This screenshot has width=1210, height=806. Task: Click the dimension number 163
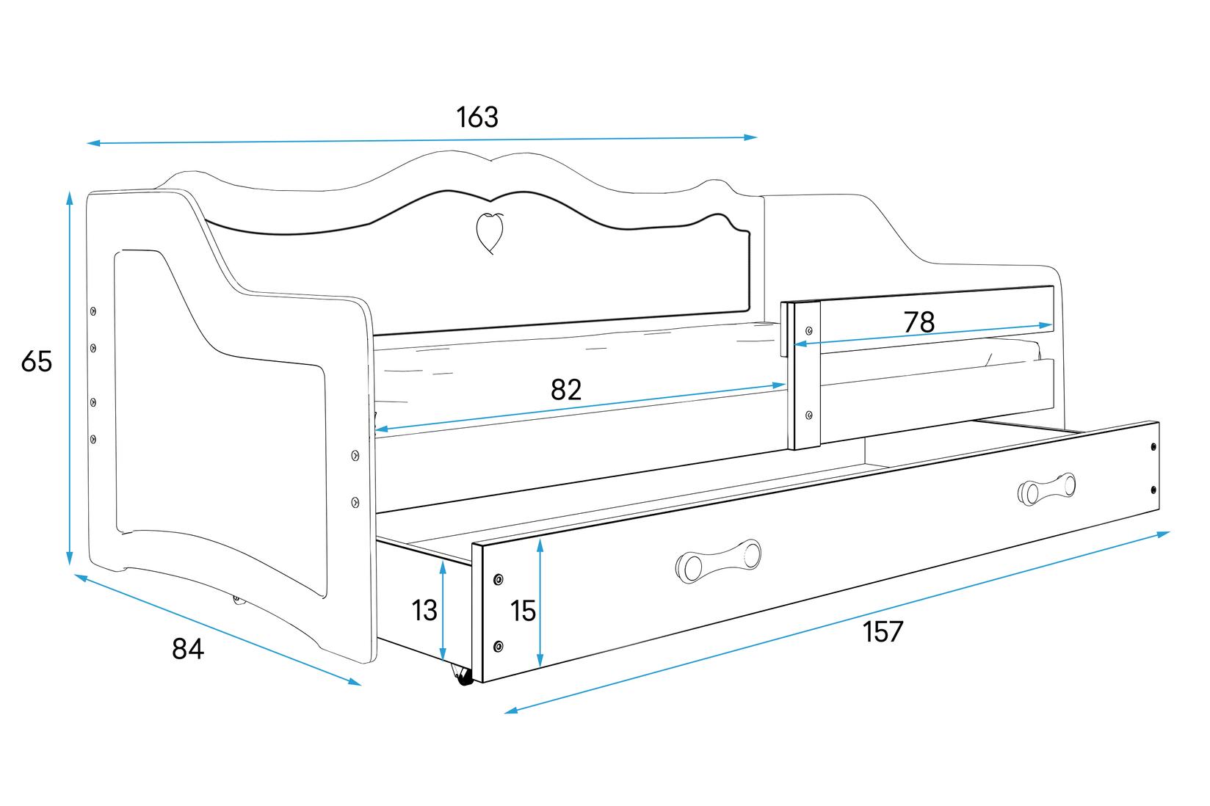tap(477, 117)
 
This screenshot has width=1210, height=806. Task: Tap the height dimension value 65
tap(36, 361)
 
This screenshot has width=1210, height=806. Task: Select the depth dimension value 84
tap(187, 649)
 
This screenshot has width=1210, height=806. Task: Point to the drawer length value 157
tap(882, 631)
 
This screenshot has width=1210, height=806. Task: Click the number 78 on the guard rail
tap(919, 322)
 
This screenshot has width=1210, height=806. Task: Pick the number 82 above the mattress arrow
tap(565, 390)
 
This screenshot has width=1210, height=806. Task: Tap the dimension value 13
tap(424, 611)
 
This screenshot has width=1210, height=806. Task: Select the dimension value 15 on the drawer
tap(523, 611)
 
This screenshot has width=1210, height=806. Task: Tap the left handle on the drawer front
tap(717, 561)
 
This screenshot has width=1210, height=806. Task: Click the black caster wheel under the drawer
tap(464, 679)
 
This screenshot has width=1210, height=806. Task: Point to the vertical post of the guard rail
tap(805, 374)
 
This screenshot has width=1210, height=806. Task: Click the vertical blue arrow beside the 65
tap(70, 378)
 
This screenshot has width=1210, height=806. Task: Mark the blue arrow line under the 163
tap(422, 140)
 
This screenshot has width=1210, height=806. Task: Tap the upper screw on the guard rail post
tap(809, 330)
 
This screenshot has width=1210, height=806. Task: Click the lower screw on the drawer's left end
tap(499, 646)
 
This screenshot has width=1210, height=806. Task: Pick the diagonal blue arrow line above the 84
tap(218, 631)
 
